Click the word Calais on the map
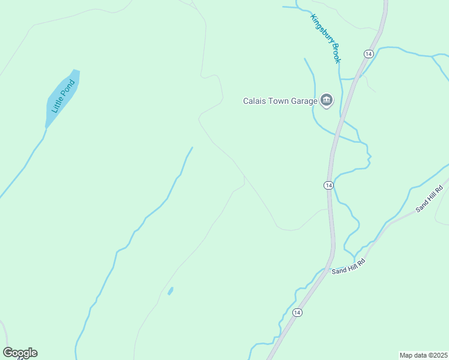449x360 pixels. pyautogui.click(x=255, y=101)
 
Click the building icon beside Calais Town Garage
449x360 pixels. pyautogui.click(x=327, y=100)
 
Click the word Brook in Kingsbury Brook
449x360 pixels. pyautogui.click(x=336, y=53)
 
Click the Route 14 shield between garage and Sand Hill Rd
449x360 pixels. pyautogui.click(x=328, y=185)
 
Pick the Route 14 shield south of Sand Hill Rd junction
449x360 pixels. pyautogui.click(x=297, y=313)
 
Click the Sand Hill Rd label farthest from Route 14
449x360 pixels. pyautogui.click(x=429, y=199)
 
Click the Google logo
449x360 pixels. pyautogui.click(x=20, y=353)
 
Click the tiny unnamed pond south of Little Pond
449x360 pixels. pyautogui.click(x=170, y=291)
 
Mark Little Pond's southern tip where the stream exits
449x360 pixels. pyautogui.click(x=46, y=127)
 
